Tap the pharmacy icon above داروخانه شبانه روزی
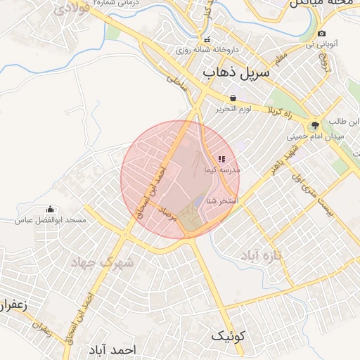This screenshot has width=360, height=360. click(x=207, y=40)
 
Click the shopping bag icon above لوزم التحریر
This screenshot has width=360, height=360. click(x=233, y=98)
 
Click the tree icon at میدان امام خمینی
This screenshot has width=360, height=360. click(x=316, y=124)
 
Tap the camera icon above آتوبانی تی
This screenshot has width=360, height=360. click(x=321, y=33)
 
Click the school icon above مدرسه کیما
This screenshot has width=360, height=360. click(x=222, y=159)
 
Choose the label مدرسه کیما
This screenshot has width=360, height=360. click(x=222, y=170)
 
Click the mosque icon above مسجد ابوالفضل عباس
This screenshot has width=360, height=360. click(x=50, y=209)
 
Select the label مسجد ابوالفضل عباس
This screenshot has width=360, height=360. click(x=51, y=220)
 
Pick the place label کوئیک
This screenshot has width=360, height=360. click(x=229, y=337)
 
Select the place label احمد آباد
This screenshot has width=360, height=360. click(x=112, y=349)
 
